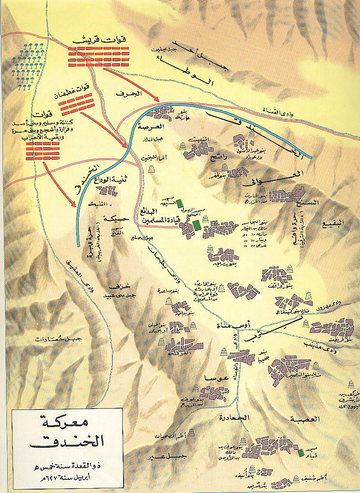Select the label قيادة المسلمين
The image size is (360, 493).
tap(159, 223)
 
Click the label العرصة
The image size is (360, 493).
tap(151, 127)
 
